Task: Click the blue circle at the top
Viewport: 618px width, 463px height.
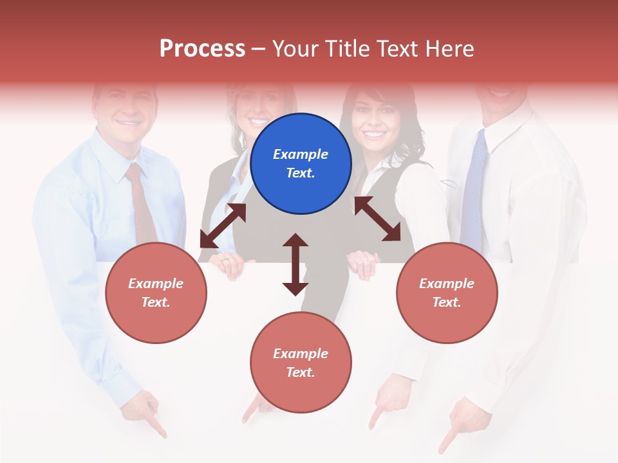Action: pos(301,164)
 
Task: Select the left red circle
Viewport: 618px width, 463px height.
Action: pos(156,293)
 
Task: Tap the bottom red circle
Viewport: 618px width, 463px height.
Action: pos(301,363)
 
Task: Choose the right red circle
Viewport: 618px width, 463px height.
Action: pos(446,293)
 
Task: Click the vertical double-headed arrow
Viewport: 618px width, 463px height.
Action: pos(295,264)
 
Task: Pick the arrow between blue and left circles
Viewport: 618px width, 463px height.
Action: pos(223,226)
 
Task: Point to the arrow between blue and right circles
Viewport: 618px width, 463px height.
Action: pos(377,219)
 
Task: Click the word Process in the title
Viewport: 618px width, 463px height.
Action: pos(202,49)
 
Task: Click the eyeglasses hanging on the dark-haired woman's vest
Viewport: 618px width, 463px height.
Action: pos(451,184)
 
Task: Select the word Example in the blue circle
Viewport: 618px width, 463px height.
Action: pos(301,154)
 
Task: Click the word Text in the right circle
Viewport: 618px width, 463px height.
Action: pos(446,302)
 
